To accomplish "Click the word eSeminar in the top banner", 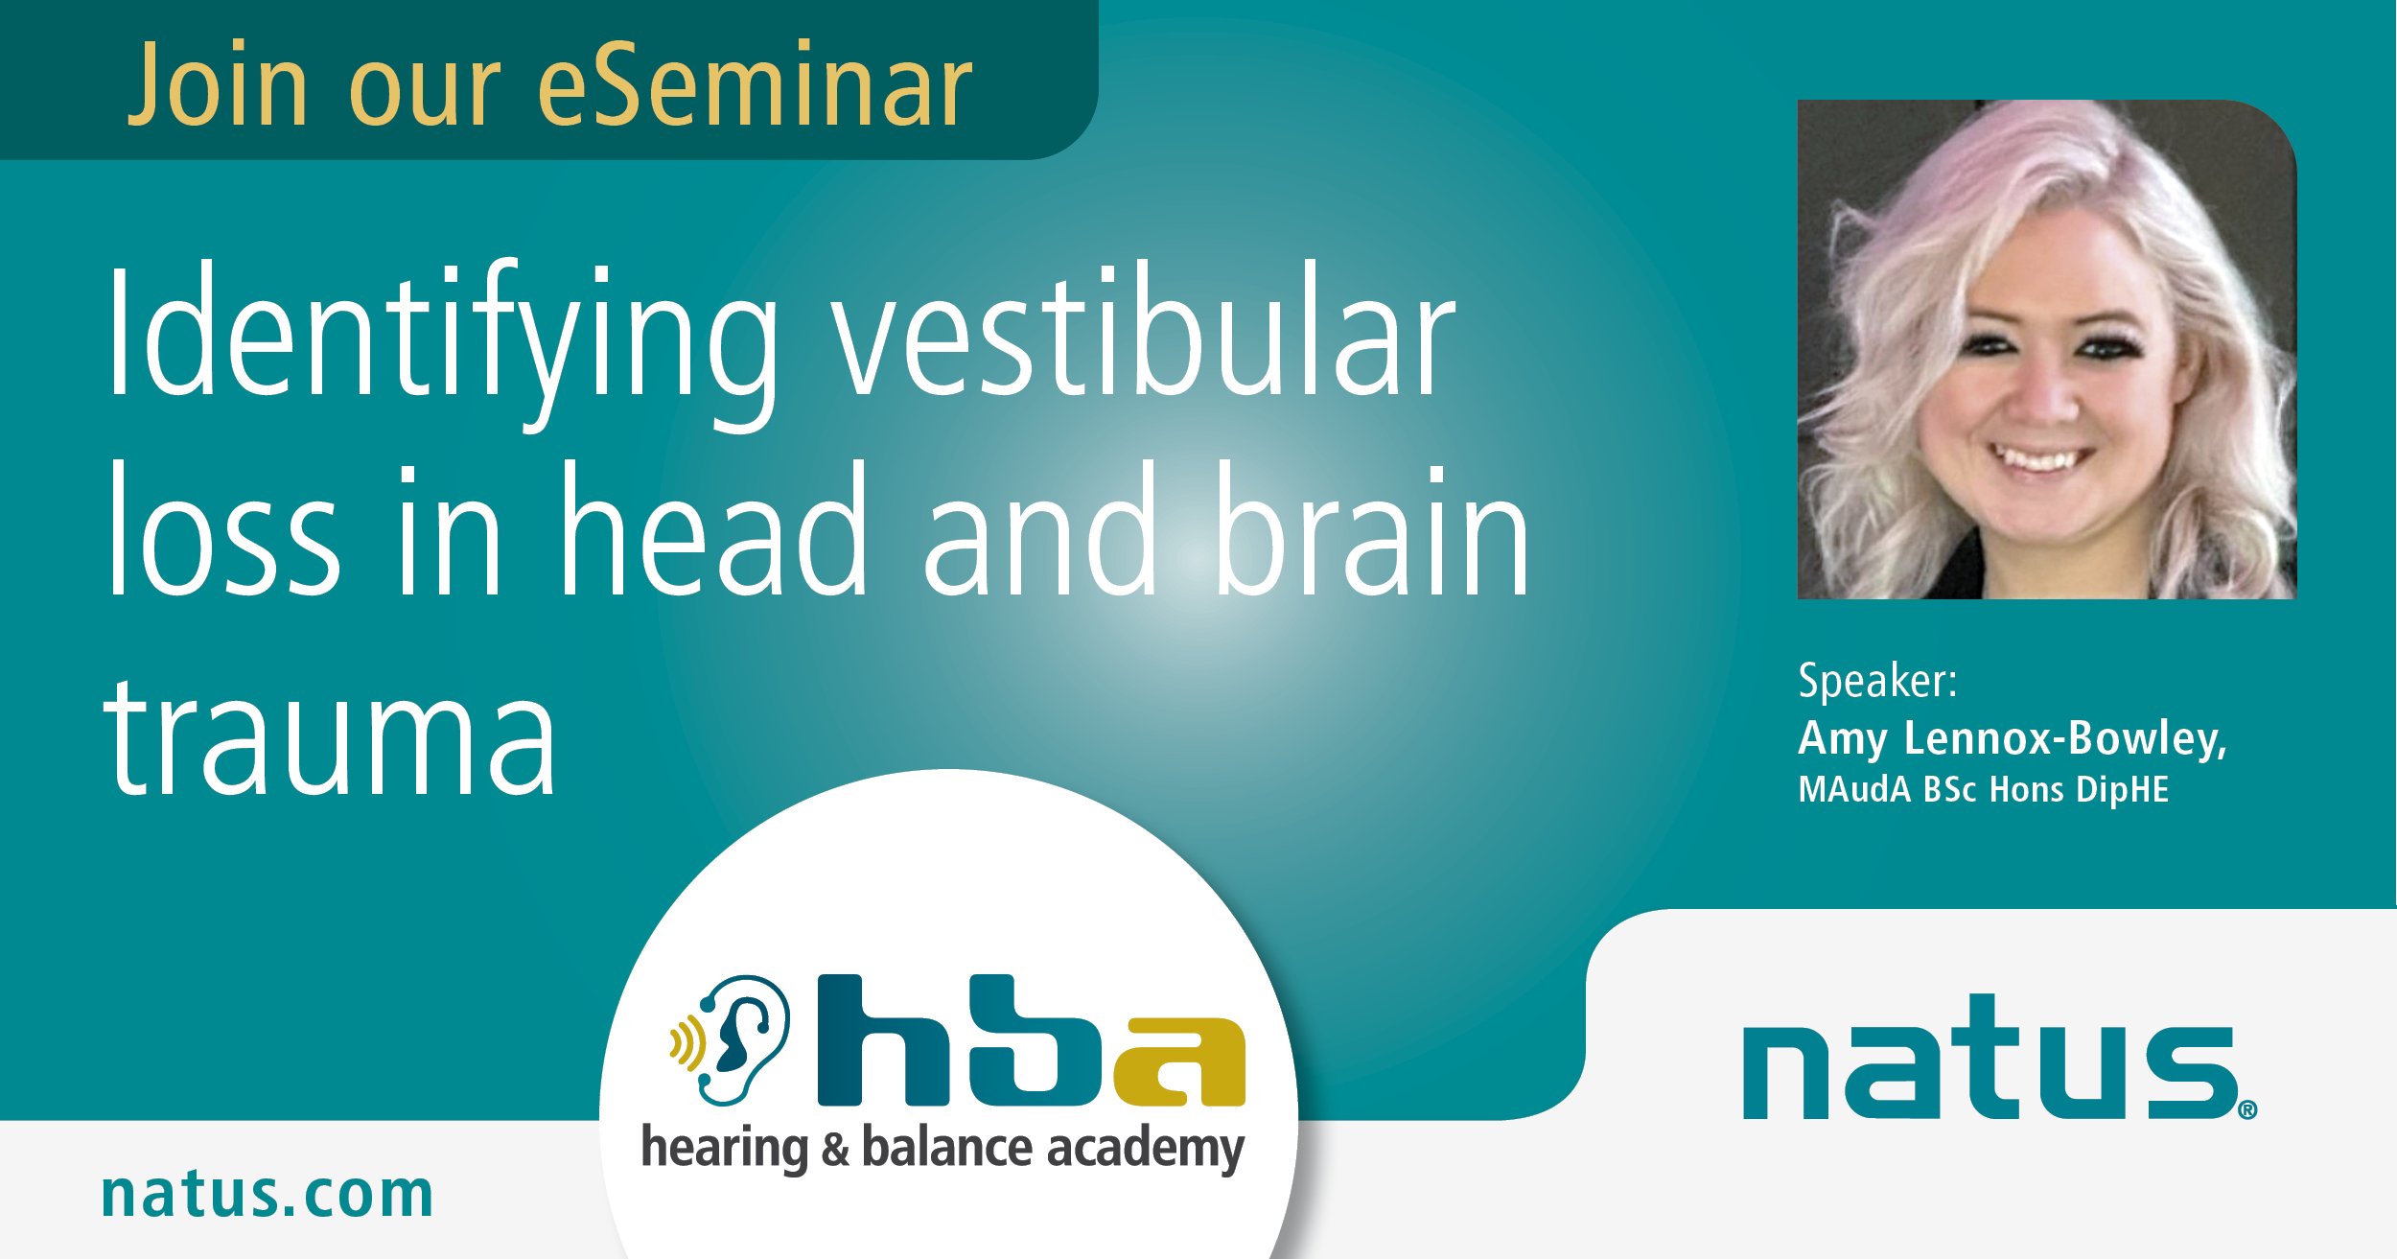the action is pyautogui.click(x=756, y=84).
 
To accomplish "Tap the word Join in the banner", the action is pyautogui.click(x=218, y=84).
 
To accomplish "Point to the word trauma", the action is pyautogui.click(x=330, y=736).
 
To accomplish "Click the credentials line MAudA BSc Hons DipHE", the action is pyautogui.click(x=1983, y=789).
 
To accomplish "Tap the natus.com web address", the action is pyautogui.click(x=268, y=1195).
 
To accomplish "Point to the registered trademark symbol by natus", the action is pyautogui.click(x=2247, y=1110).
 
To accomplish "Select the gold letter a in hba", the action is pyautogui.click(x=1179, y=1061).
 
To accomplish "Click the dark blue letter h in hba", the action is pyautogui.click(x=883, y=1040).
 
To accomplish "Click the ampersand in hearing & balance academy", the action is pyautogui.click(x=835, y=1150).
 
